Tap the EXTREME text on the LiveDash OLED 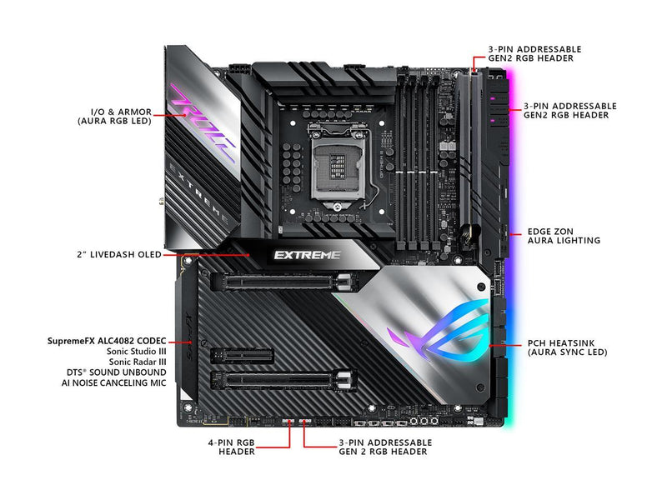click(x=307, y=255)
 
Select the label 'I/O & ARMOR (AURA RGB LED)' click(x=114, y=117)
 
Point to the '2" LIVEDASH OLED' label click(x=119, y=255)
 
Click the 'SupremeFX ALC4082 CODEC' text click(x=107, y=341)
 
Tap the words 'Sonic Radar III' click(x=138, y=362)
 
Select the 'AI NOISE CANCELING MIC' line click(x=114, y=382)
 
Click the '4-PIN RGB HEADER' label click(x=232, y=447)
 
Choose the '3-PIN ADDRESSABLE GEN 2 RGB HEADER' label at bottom click(x=385, y=447)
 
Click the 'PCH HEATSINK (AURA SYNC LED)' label click(x=568, y=347)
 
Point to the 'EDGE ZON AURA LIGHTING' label click(x=564, y=236)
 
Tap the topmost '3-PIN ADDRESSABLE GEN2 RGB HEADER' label click(x=534, y=53)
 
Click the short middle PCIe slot click(x=242, y=356)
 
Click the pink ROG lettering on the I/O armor click(x=203, y=122)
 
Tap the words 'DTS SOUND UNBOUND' click(x=116, y=372)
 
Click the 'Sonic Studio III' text click(x=136, y=352)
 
